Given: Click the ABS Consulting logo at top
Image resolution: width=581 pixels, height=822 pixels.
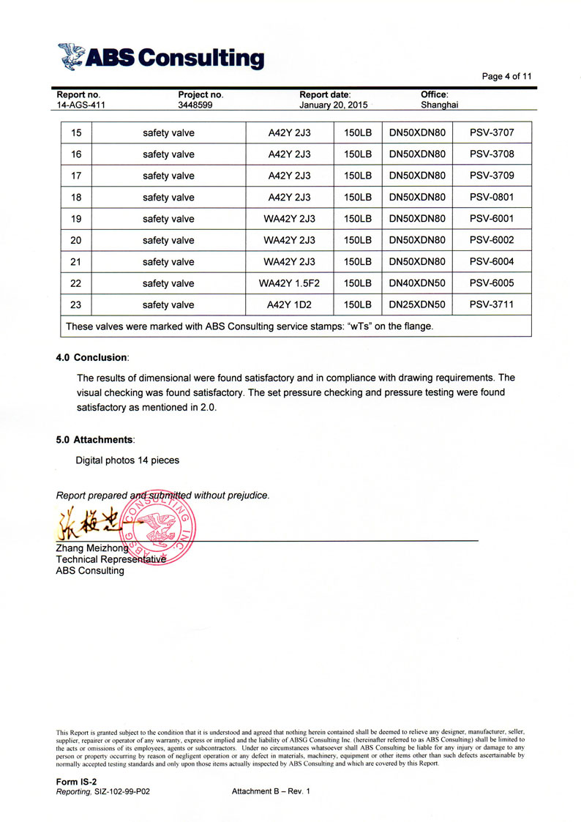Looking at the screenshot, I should (161, 56).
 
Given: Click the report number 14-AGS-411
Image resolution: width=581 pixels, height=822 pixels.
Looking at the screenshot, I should (81, 105).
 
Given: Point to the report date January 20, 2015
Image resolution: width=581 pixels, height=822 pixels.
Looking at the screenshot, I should (333, 105).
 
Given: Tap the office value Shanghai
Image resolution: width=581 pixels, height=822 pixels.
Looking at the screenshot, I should (439, 105).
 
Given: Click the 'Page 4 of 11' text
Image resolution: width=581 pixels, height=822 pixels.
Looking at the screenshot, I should (506, 76).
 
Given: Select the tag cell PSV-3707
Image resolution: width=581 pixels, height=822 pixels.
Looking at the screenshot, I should (492, 133).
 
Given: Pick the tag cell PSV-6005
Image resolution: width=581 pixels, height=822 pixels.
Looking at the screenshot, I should (492, 283).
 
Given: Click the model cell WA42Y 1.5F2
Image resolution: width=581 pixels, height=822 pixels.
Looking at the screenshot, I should (290, 283).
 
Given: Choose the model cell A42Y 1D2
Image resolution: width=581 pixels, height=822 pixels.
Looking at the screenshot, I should (290, 304).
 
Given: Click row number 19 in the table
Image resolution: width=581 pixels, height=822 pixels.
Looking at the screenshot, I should (76, 219).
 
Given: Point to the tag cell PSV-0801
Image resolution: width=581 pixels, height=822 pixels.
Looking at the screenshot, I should (492, 198).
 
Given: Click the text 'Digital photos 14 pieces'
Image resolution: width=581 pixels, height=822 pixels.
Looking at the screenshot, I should (127, 460).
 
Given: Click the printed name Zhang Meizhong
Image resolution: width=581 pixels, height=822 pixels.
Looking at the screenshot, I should (92, 549).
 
